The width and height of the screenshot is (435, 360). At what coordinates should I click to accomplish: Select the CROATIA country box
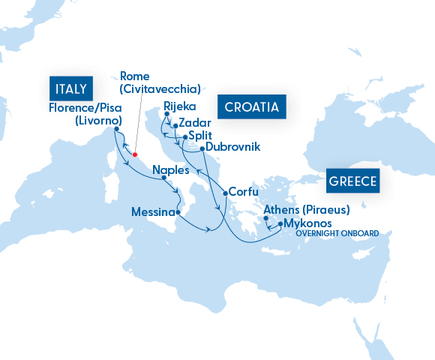(x=252, y=106)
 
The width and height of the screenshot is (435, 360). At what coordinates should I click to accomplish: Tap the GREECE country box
(x=352, y=181)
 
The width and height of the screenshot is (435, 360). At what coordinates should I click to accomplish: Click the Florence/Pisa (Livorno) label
(x=83, y=114)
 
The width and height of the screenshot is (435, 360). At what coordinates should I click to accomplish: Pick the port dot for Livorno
(x=117, y=129)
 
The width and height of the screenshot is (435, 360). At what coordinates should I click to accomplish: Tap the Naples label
(x=170, y=170)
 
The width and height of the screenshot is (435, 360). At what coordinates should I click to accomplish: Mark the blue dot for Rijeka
(x=166, y=114)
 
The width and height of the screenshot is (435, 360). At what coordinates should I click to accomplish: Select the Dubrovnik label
(x=232, y=147)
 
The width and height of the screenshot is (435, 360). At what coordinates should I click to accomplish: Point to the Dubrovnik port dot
(x=202, y=149)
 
